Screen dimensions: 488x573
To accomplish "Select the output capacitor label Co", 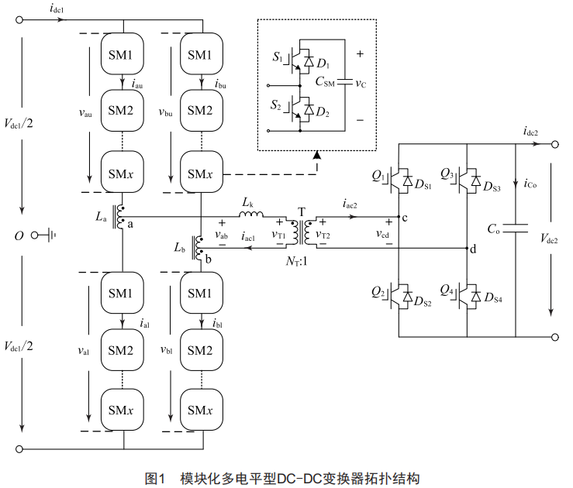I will coord(494,229).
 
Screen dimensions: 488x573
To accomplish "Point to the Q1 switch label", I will coord(378,177).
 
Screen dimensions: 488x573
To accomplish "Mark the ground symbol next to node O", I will coord(53,233).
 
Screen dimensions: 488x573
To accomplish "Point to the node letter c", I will coord(405,216).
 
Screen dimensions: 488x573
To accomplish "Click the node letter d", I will coord(473,249).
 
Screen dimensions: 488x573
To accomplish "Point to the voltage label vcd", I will coord(382,233).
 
